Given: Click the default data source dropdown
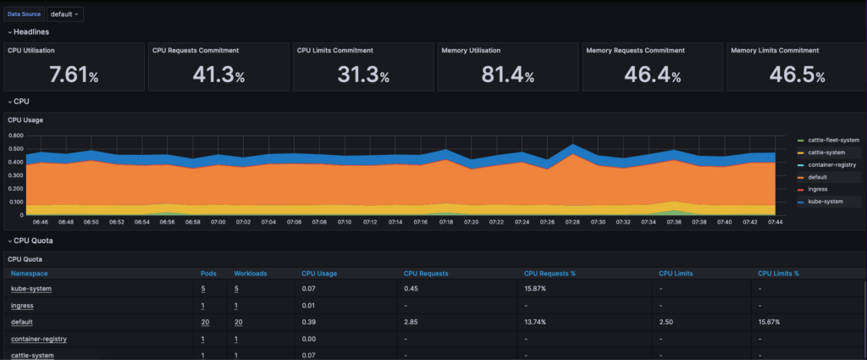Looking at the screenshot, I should coord(65,14).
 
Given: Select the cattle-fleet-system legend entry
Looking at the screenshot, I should coord(834,140).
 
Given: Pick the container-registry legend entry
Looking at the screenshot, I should coord(834,164).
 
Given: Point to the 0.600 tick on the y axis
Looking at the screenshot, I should coord(15,135).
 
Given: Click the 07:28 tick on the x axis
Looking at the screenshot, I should coord(573,222).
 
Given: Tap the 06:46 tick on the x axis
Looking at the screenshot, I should coord(40,222).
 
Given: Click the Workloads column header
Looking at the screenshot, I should coord(251,274).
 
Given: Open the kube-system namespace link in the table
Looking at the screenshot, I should coord(31,289).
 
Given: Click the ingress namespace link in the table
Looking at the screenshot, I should coord(22,305).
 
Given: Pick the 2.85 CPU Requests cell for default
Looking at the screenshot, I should coord(411,323).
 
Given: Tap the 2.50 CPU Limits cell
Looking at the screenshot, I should coord(666,323).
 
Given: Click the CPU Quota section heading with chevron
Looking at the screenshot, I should coord(33,241).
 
